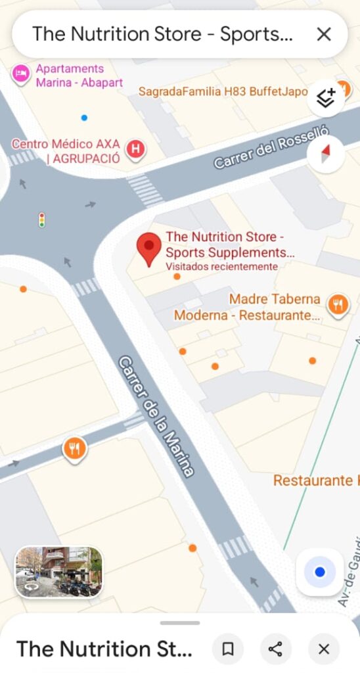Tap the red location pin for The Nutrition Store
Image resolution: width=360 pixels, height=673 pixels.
[x=149, y=247]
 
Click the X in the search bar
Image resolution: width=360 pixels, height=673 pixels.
[x=324, y=34]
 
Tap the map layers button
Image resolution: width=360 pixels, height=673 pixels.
[x=326, y=97]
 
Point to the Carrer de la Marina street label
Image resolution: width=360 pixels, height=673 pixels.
[x=156, y=416]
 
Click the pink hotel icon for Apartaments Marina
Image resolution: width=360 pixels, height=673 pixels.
[x=21, y=74]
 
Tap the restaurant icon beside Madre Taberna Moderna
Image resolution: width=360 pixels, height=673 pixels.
[x=338, y=304]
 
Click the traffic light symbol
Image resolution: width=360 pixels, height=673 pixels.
[x=42, y=220]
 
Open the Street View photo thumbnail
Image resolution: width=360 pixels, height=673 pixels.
[x=59, y=572]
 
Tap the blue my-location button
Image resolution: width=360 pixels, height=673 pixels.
[x=320, y=572]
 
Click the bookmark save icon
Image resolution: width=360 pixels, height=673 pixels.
[x=228, y=649]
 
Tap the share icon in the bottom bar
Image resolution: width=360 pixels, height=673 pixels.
[x=275, y=649]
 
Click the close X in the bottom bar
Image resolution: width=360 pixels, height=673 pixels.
[x=323, y=649]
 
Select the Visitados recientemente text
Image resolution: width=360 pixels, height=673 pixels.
[x=221, y=266]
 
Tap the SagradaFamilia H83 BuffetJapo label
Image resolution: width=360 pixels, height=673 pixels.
[x=223, y=91]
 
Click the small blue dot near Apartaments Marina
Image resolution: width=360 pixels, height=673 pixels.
[x=84, y=118]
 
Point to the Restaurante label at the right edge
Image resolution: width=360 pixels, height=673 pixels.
[x=313, y=480]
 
